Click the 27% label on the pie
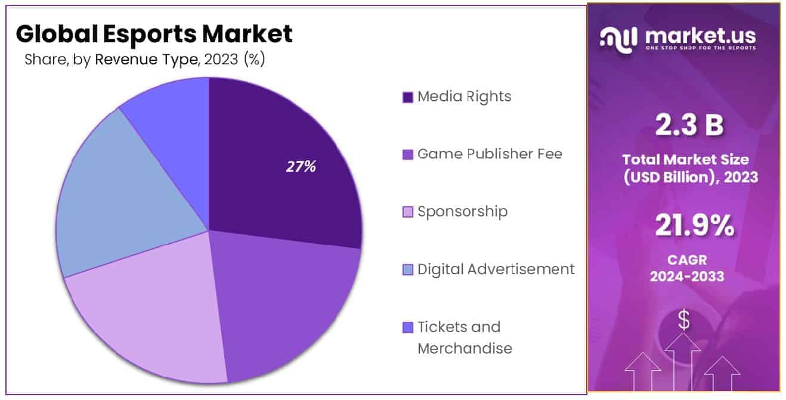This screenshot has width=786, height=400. coord(301,167)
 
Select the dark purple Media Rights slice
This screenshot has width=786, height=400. coord(280,137)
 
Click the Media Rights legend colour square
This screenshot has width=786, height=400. coord(408,97)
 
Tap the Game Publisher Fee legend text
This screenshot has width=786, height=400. coord(490,154)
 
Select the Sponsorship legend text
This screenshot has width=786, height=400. coord(463,212)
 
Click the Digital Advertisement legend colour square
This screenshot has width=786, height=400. coord(408,270)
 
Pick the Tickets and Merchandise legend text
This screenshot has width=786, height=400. coord(464,337)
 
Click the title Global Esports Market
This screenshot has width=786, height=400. coord(154,34)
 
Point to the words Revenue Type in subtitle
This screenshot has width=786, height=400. coord(147,60)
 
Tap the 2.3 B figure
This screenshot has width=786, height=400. coord(689,125)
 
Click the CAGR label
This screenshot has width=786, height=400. coord(686,260)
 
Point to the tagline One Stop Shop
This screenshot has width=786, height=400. coord(700,48)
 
